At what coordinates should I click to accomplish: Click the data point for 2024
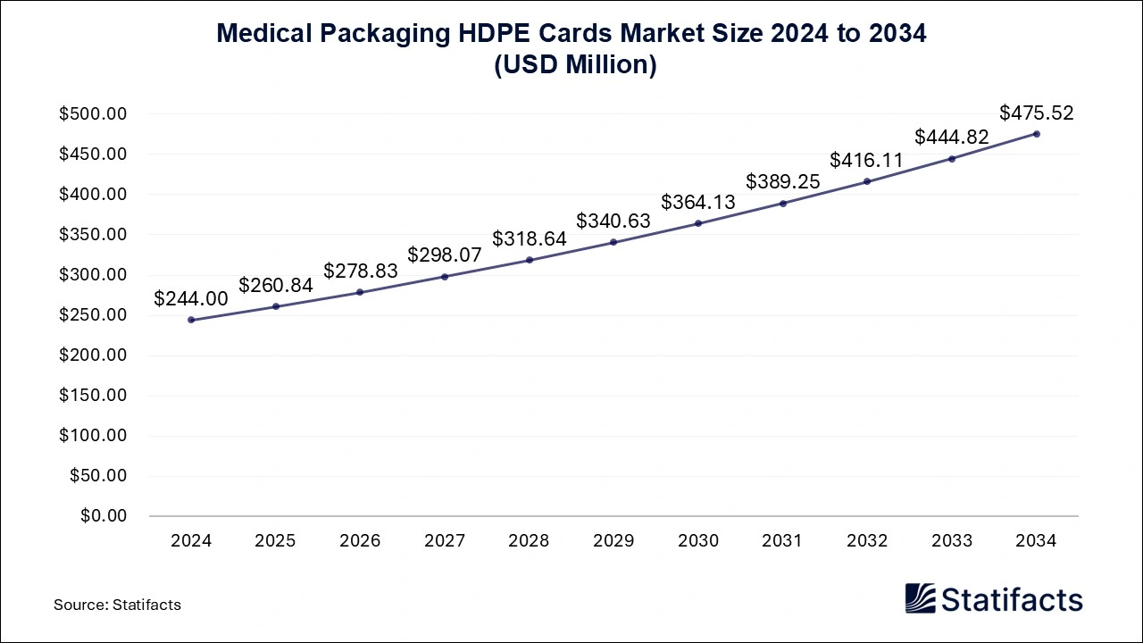191,320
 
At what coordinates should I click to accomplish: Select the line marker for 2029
613,242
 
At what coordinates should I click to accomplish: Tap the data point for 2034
1036,134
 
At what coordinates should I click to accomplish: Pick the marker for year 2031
783,204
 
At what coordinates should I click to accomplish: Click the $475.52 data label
1036,113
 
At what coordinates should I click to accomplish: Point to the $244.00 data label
191,299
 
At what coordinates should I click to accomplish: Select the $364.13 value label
698,203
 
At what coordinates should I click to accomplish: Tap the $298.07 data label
445,255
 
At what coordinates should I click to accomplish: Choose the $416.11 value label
866,161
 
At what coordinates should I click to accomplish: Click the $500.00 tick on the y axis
94,114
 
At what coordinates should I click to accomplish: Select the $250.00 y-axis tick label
94,315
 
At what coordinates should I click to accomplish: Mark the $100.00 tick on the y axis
94,436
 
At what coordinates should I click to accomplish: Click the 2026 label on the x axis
360,541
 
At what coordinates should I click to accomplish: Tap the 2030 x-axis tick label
698,541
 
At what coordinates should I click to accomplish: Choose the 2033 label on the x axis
952,541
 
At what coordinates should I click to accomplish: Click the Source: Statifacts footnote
117,605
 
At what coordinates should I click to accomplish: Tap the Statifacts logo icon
920,598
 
